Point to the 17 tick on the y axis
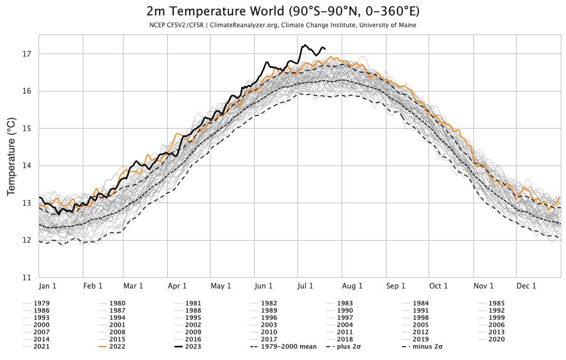(28, 53)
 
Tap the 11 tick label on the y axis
(28, 278)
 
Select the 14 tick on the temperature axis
(28, 166)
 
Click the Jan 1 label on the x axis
(48, 286)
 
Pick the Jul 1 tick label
(305, 286)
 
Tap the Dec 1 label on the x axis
(526, 286)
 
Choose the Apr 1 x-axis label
(177, 286)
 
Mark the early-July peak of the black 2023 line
(305, 45)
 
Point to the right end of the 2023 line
(325, 49)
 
